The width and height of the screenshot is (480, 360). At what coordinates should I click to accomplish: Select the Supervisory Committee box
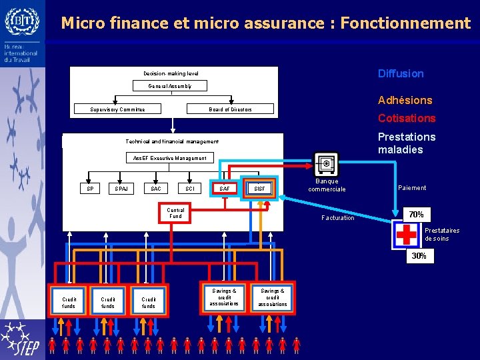click(x=117, y=109)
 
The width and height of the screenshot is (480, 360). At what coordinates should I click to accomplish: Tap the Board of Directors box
click(x=230, y=109)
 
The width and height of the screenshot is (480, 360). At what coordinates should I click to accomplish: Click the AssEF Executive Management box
click(x=169, y=158)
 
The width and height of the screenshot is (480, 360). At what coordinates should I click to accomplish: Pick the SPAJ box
click(x=121, y=189)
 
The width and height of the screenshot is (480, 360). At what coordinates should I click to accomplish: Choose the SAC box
click(x=155, y=189)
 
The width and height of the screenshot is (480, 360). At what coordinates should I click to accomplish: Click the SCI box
click(x=190, y=189)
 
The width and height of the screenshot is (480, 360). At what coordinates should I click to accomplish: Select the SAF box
click(x=225, y=189)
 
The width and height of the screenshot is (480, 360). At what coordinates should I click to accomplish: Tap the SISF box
click(x=259, y=189)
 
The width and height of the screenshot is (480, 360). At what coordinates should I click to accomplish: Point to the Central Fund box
click(x=175, y=213)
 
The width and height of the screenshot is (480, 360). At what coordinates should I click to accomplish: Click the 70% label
click(x=416, y=215)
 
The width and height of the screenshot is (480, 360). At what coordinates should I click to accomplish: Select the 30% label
click(x=419, y=256)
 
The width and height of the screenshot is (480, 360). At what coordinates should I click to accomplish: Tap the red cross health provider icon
click(x=406, y=235)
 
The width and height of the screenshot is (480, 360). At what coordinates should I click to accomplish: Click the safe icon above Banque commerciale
click(x=326, y=164)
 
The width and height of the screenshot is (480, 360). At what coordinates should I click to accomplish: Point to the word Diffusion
click(x=401, y=73)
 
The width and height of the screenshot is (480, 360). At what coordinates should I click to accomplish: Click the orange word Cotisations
click(x=407, y=118)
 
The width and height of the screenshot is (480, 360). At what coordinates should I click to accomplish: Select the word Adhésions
click(x=405, y=100)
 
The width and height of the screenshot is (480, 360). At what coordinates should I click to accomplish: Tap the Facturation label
click(x=338, y=218)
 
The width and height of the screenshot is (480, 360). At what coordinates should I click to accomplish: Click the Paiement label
click(x=412, y=188)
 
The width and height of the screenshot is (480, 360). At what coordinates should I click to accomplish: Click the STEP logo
click(x=22, y=339)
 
